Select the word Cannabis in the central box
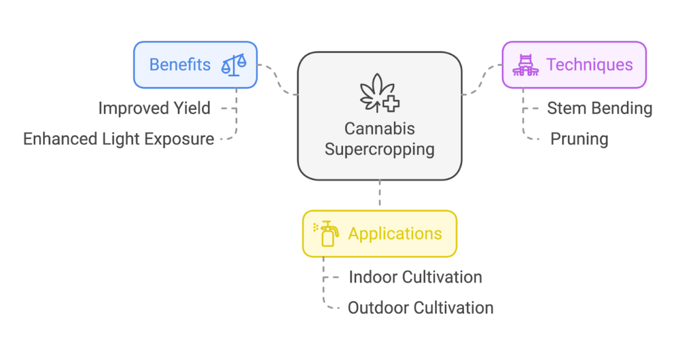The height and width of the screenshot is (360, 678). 379,128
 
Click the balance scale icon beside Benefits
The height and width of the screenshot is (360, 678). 233,65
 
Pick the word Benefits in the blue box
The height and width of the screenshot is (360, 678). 179,65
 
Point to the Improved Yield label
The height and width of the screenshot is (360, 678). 154,108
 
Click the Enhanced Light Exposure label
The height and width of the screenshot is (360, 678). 119,139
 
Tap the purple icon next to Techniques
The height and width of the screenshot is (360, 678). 526,65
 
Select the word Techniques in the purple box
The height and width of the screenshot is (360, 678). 589,65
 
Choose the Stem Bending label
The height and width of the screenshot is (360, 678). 599,108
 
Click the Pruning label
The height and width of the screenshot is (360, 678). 579,139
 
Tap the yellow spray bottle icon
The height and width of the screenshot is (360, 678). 326,234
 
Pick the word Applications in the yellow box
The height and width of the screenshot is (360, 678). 395,234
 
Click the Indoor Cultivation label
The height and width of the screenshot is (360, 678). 415,277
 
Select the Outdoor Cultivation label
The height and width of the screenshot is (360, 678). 420,308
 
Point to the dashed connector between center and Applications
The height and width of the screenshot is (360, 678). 379,195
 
